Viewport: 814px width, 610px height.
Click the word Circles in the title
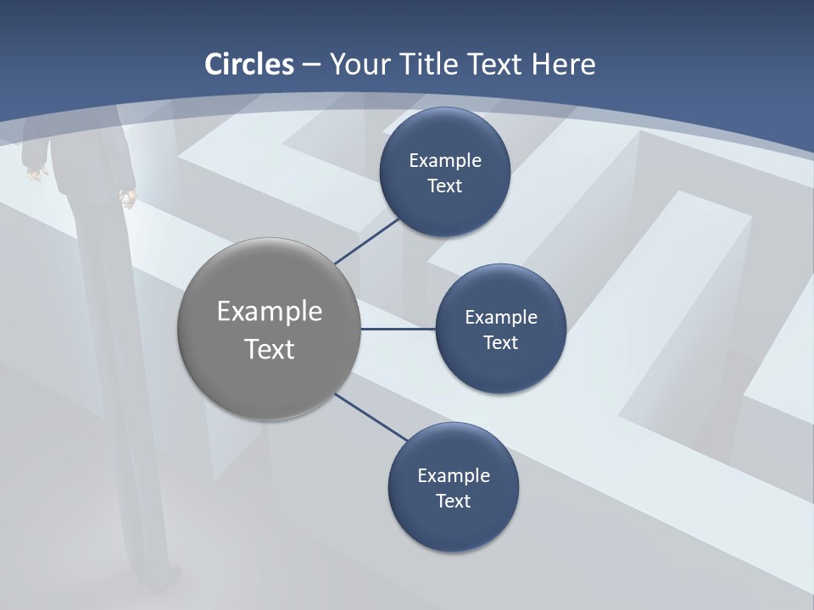pyautogui.click(x=249, y=64)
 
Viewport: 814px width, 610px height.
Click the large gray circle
pyautogui.click(x=269, y=329)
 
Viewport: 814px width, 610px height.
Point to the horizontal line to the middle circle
pyautogui.click(x=398, y=329)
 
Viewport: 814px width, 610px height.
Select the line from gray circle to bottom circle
pyautogui.click(x=371, y=418)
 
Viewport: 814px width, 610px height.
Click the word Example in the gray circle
pyautogui.click(x=269, y=311)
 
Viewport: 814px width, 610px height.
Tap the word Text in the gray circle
pyautogui.click(x=269, y=348)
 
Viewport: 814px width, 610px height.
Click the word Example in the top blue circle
pyautogui.click(x=444, y=160)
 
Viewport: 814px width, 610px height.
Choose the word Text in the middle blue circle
pyautogui.click(x=500, y=342)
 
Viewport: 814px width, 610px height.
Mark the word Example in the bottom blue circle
pyautogui.click(x=453, y=475)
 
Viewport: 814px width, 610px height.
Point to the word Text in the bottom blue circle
pyautogui.click(x=453, y=501)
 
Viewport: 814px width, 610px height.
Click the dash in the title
pyautogui.click(x=311, y=64)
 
